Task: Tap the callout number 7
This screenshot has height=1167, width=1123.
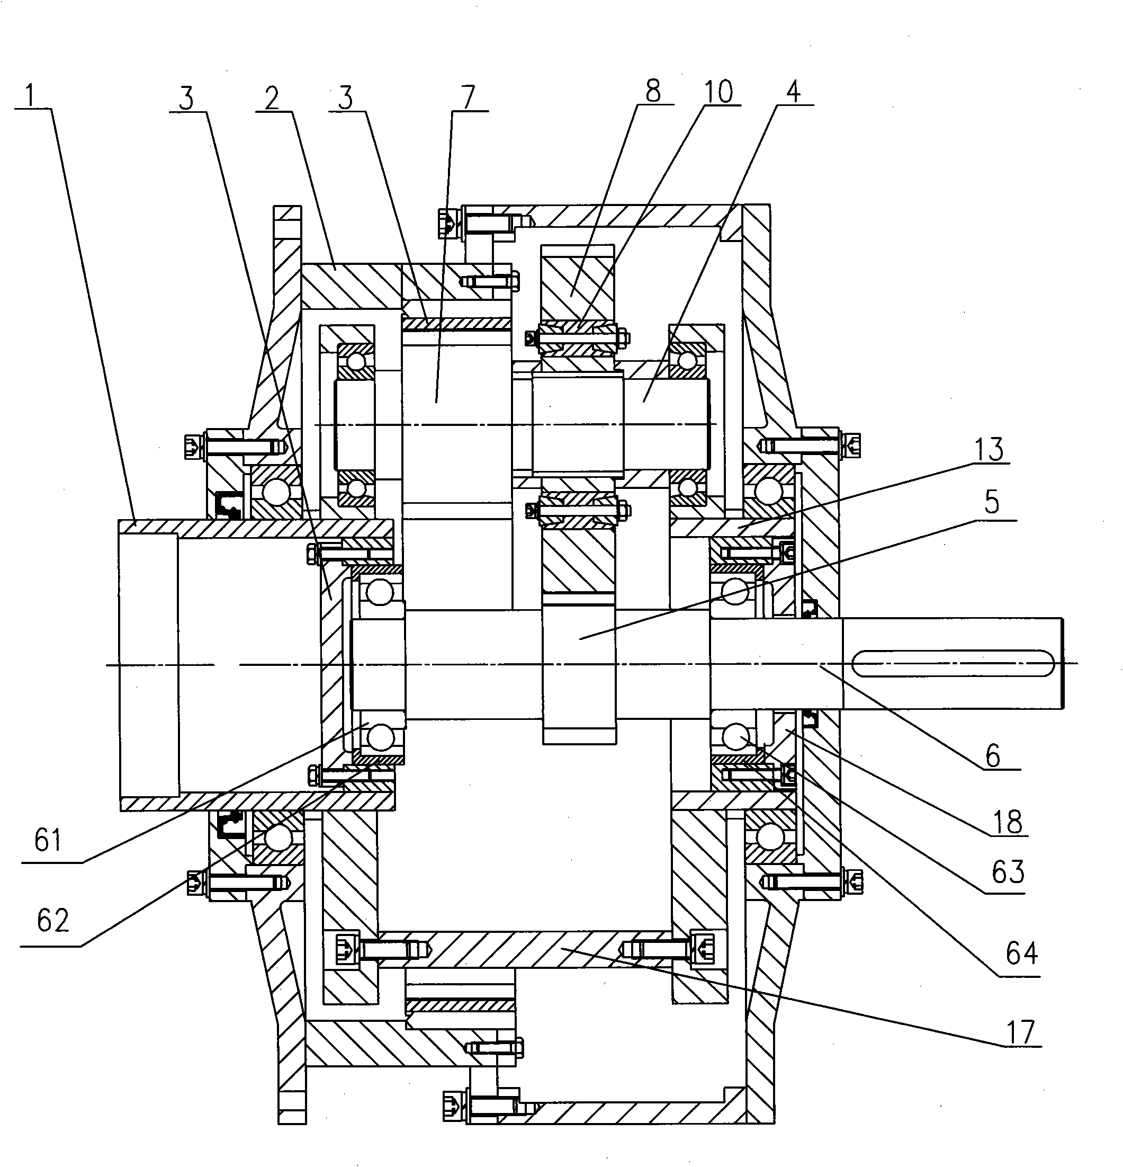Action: click(469, 97)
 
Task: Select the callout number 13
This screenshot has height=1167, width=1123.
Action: click(989, 450)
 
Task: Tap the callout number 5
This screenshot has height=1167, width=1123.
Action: click(991, 503)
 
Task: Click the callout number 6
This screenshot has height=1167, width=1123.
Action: click(993, 756)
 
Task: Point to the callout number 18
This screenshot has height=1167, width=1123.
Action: click(1008, 822)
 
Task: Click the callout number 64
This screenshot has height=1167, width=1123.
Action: click(1021, 953)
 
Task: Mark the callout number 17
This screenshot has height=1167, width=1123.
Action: click(1021, 1032)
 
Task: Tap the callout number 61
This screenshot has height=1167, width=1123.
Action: click(48, 841)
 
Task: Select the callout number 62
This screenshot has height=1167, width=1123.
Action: click(52, 921)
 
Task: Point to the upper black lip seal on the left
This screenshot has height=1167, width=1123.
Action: click(227, 503)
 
